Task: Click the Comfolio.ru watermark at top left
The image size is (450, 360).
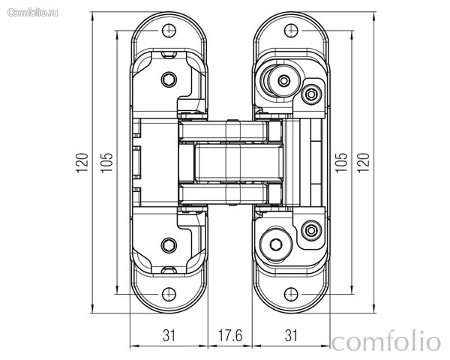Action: click(x=32, y=13)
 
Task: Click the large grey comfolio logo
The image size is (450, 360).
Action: click(x=386, y=342)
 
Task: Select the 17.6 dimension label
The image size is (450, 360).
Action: click(x=230, y=335)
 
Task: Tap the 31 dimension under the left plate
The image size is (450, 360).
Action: click(x=169, y=335)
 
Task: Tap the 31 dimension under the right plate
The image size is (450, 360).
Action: click(x=291, y=335)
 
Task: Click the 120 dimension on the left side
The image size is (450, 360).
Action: click(x=82, y=163)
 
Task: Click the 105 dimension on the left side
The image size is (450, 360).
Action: click(x=106, y=163)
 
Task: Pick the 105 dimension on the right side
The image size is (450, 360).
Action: click(x=341, y=163)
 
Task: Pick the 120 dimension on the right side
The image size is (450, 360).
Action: click(x=363, y=163)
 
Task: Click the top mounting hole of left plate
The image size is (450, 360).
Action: click(x=169, y=31)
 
